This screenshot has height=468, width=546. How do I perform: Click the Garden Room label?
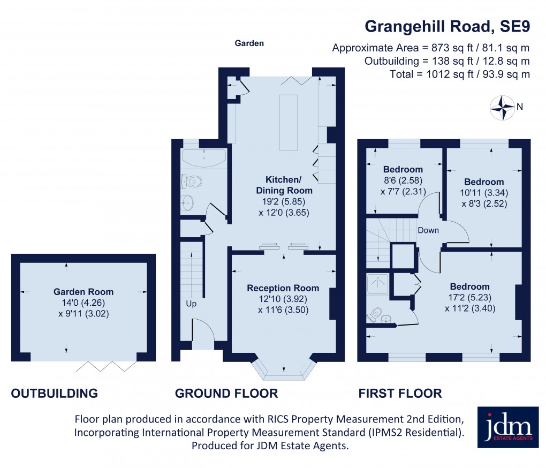83,292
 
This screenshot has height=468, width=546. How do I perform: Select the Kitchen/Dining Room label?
289,184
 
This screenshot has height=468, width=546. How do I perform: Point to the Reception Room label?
283,288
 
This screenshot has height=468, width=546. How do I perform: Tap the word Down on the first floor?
428,231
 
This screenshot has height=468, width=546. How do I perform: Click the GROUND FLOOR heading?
226,394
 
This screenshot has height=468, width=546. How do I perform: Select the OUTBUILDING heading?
55,394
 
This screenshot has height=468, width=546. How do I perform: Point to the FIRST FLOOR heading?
400,394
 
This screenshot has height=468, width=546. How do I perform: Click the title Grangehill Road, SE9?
447,26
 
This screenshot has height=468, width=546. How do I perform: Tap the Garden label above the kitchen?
249,43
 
